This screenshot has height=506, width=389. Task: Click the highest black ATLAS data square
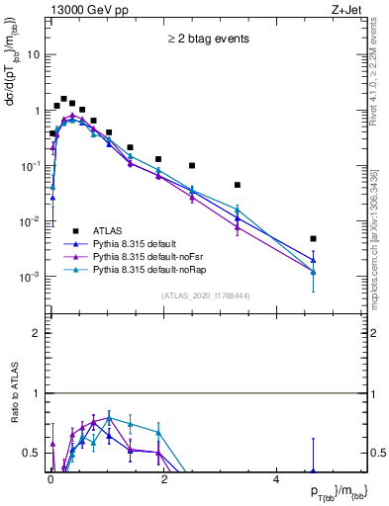pos(63,99)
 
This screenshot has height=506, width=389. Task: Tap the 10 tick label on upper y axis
pos(35,55)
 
